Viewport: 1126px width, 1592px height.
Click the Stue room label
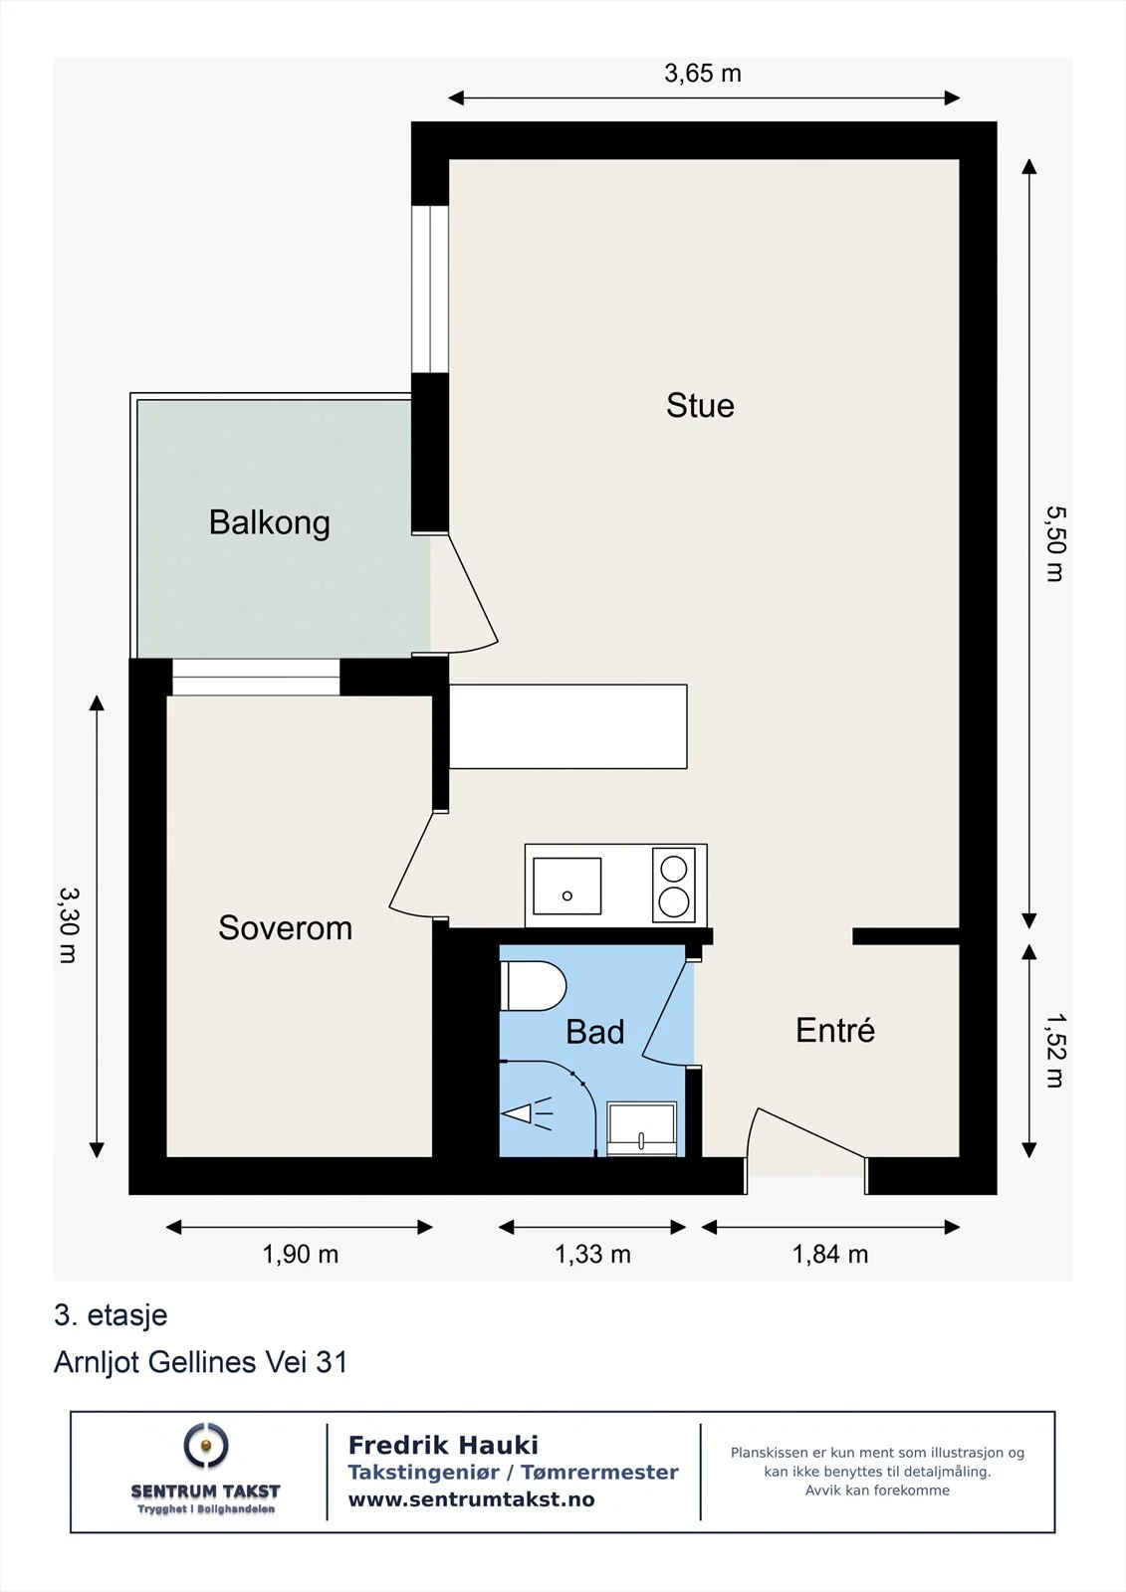pos(700,406)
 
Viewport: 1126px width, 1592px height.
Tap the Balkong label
pos(270,523)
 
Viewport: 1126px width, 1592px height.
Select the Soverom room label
pos(286,927)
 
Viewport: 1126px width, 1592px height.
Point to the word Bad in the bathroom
pos(594,1031)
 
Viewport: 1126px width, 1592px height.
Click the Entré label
pos(835,1030)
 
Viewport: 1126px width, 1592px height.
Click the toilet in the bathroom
pos(534,986)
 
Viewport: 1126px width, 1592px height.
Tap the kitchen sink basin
pos(566,886)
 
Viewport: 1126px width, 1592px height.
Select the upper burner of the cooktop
pos(673,869)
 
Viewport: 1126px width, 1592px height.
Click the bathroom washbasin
pos(641,1128)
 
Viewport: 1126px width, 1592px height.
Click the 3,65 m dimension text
pos(703,74)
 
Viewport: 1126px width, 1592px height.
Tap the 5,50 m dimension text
pos(1055,543)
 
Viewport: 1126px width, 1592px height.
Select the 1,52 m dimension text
pos(1055,1051)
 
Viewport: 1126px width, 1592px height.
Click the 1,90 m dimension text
pos(301,1255)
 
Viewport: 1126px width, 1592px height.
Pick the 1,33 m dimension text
pos(592,1255)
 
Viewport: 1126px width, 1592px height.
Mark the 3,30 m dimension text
pos(69,924)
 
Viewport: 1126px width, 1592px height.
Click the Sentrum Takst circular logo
pos(205,1445)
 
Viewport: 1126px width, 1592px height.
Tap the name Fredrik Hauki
pos(443,1445)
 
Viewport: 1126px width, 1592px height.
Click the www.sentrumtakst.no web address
pos(471,1499)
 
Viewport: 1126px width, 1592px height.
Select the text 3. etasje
pos(111,1315)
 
